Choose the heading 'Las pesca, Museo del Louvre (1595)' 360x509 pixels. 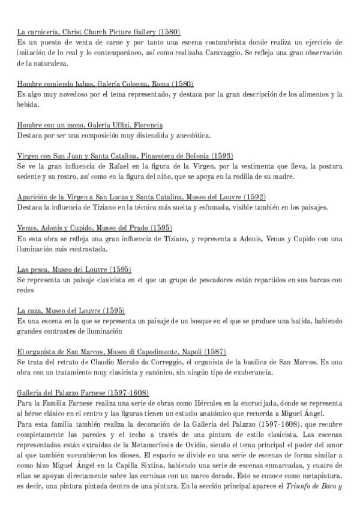(x=74, y=269)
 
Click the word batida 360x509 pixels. (x=268, y=322)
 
